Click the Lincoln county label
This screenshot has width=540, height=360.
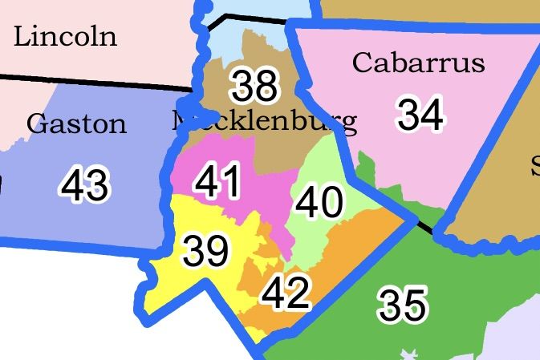[x=65, y=36]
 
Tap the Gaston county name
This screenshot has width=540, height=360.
[x=76, y=124]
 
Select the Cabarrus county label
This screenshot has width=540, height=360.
[x=418, y=63]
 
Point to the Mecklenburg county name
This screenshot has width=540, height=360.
[x=264, y=121]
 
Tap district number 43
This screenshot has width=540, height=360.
[x=84, y=187]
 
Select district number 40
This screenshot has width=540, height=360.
[x=319, y=203]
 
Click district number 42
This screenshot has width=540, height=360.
[x=286, y=293]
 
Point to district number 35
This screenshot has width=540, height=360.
[x=403, y=305]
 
